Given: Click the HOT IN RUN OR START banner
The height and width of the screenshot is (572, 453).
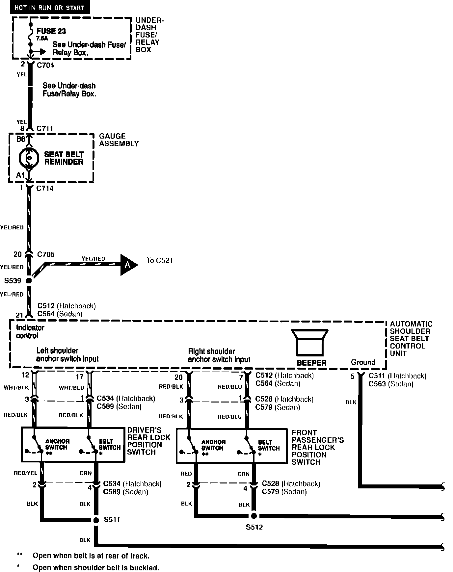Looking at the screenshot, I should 49,8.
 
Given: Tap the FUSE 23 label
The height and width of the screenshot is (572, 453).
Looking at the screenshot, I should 51,31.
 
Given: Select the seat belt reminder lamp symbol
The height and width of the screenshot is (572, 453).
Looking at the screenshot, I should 29,158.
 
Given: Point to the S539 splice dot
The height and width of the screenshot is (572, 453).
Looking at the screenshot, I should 29,281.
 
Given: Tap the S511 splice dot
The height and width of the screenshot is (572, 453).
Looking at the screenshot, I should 96,520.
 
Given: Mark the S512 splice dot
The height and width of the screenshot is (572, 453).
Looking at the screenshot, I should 254,516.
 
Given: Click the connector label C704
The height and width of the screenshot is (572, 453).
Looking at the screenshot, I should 45,65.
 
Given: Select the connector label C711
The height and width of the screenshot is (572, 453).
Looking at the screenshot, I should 45,129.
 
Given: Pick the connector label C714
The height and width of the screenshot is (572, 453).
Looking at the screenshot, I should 45,189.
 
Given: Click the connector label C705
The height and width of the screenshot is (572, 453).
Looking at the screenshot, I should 46,254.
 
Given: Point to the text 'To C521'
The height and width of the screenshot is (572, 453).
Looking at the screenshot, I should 160,261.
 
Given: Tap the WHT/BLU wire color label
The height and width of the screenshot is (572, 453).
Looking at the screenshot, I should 71,388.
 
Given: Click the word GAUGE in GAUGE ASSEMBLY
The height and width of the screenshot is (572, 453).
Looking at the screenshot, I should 112,136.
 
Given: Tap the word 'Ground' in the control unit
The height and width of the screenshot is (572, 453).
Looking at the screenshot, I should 363,362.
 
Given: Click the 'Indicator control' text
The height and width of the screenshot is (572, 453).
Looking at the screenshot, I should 30,332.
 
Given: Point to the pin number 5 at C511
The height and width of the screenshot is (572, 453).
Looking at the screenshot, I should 352,376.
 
